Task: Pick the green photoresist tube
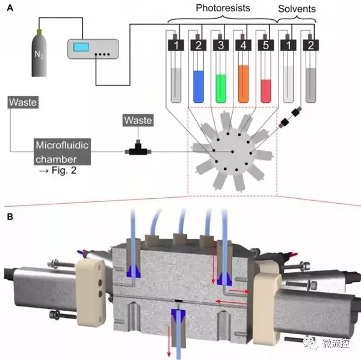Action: (x=222, y=85)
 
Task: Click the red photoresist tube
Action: (x=267, y=87)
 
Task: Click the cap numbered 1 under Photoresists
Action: (x=175, y=45)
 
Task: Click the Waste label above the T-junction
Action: (x=137, y=121)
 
